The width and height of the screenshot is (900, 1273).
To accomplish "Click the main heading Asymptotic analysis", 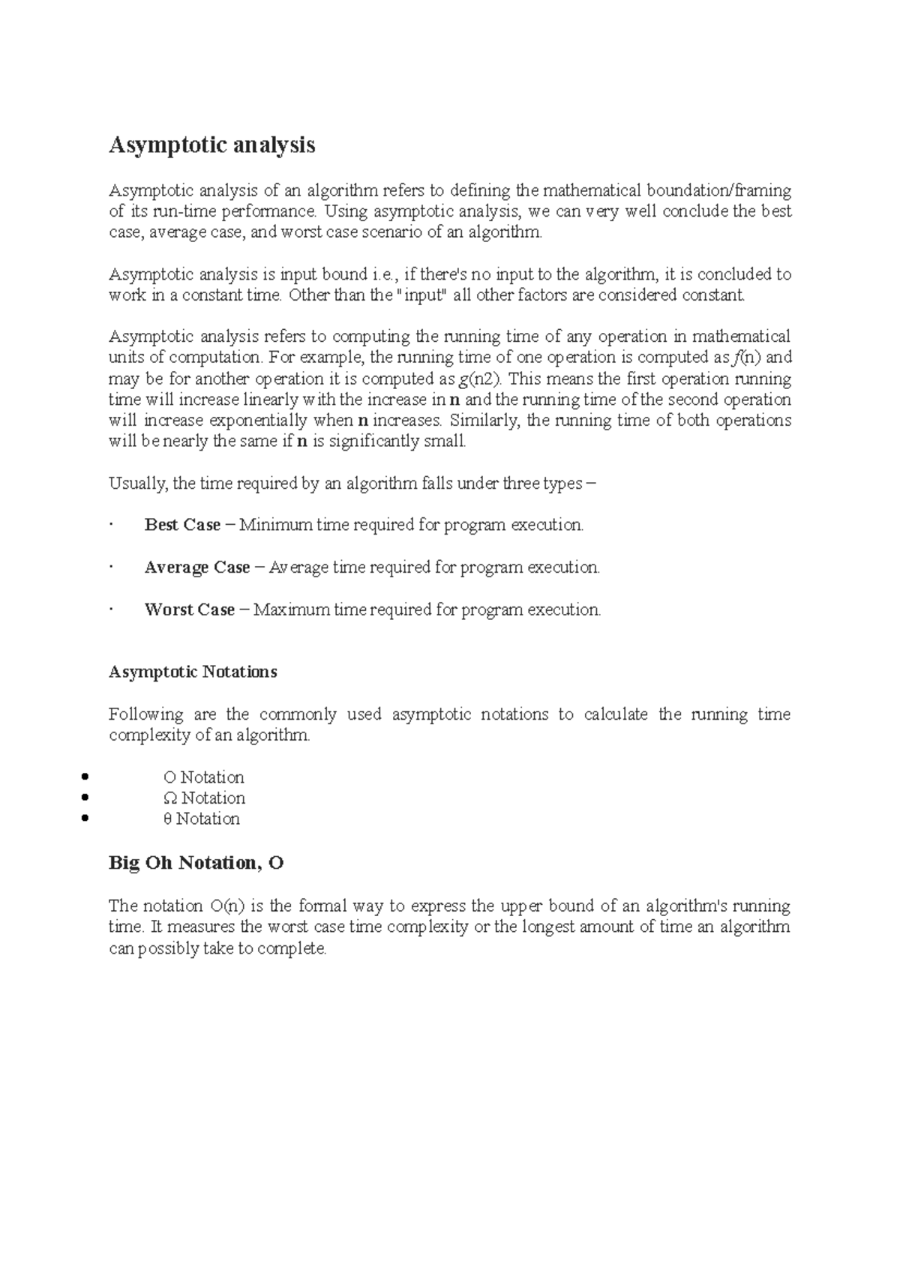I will (212, 145).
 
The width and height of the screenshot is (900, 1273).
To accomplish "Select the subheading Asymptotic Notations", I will (193, 672).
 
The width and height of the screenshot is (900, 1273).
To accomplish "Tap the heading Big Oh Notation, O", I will (196, 863).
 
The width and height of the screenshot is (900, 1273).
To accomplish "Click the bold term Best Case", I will (182, 525).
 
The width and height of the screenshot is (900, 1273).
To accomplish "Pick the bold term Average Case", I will (196, 568).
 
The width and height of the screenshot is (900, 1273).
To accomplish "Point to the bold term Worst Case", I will (189, 610).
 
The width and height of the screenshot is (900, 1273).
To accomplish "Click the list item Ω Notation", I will (204, 798).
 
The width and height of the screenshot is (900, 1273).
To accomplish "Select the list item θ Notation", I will (201, 819).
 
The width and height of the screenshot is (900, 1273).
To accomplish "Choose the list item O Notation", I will (203, 777).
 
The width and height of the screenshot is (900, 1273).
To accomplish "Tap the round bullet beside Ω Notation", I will (85, 798).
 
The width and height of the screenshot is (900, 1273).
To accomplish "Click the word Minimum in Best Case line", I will (275, 525).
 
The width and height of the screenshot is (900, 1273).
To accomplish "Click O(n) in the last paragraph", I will (225, 906).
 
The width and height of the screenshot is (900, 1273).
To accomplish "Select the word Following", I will (145, 714).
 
